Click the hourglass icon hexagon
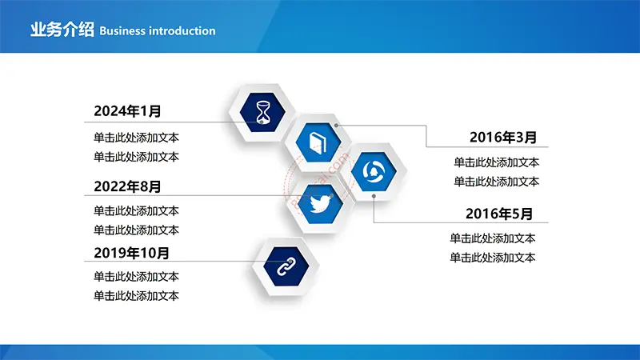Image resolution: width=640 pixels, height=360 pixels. click(262, 112)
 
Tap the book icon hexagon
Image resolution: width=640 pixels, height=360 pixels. click(318, 142)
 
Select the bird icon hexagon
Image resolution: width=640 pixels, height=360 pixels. click(320, 203)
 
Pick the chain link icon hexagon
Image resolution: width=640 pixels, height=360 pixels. click(286, 266)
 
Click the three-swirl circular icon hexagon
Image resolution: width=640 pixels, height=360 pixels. click(374, 171)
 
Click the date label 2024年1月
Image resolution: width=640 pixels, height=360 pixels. click(127, 111)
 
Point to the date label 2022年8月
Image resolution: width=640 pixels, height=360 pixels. click(127, 186)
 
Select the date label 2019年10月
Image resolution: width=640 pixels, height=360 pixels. click(131, 253)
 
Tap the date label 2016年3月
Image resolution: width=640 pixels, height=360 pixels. click(503, 138)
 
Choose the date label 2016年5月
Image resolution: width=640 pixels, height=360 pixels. click(499, 214)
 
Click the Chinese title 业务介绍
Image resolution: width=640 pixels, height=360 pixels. click(62, 30)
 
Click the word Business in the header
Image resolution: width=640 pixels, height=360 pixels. click(122, 31)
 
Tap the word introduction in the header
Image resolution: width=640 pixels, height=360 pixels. click(182, 31)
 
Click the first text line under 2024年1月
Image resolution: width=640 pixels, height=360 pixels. click(136, 138)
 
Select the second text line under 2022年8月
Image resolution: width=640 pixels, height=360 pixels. click(136, 230)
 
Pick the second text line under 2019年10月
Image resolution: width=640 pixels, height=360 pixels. click(136, 296)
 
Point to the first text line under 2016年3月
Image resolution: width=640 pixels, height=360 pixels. click(496, 162)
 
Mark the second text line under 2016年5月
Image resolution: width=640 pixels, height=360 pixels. click(493, 258)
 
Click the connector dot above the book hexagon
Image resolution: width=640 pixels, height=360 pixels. click(336, 126)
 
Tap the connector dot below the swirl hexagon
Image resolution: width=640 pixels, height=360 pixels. click(374, 196)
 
